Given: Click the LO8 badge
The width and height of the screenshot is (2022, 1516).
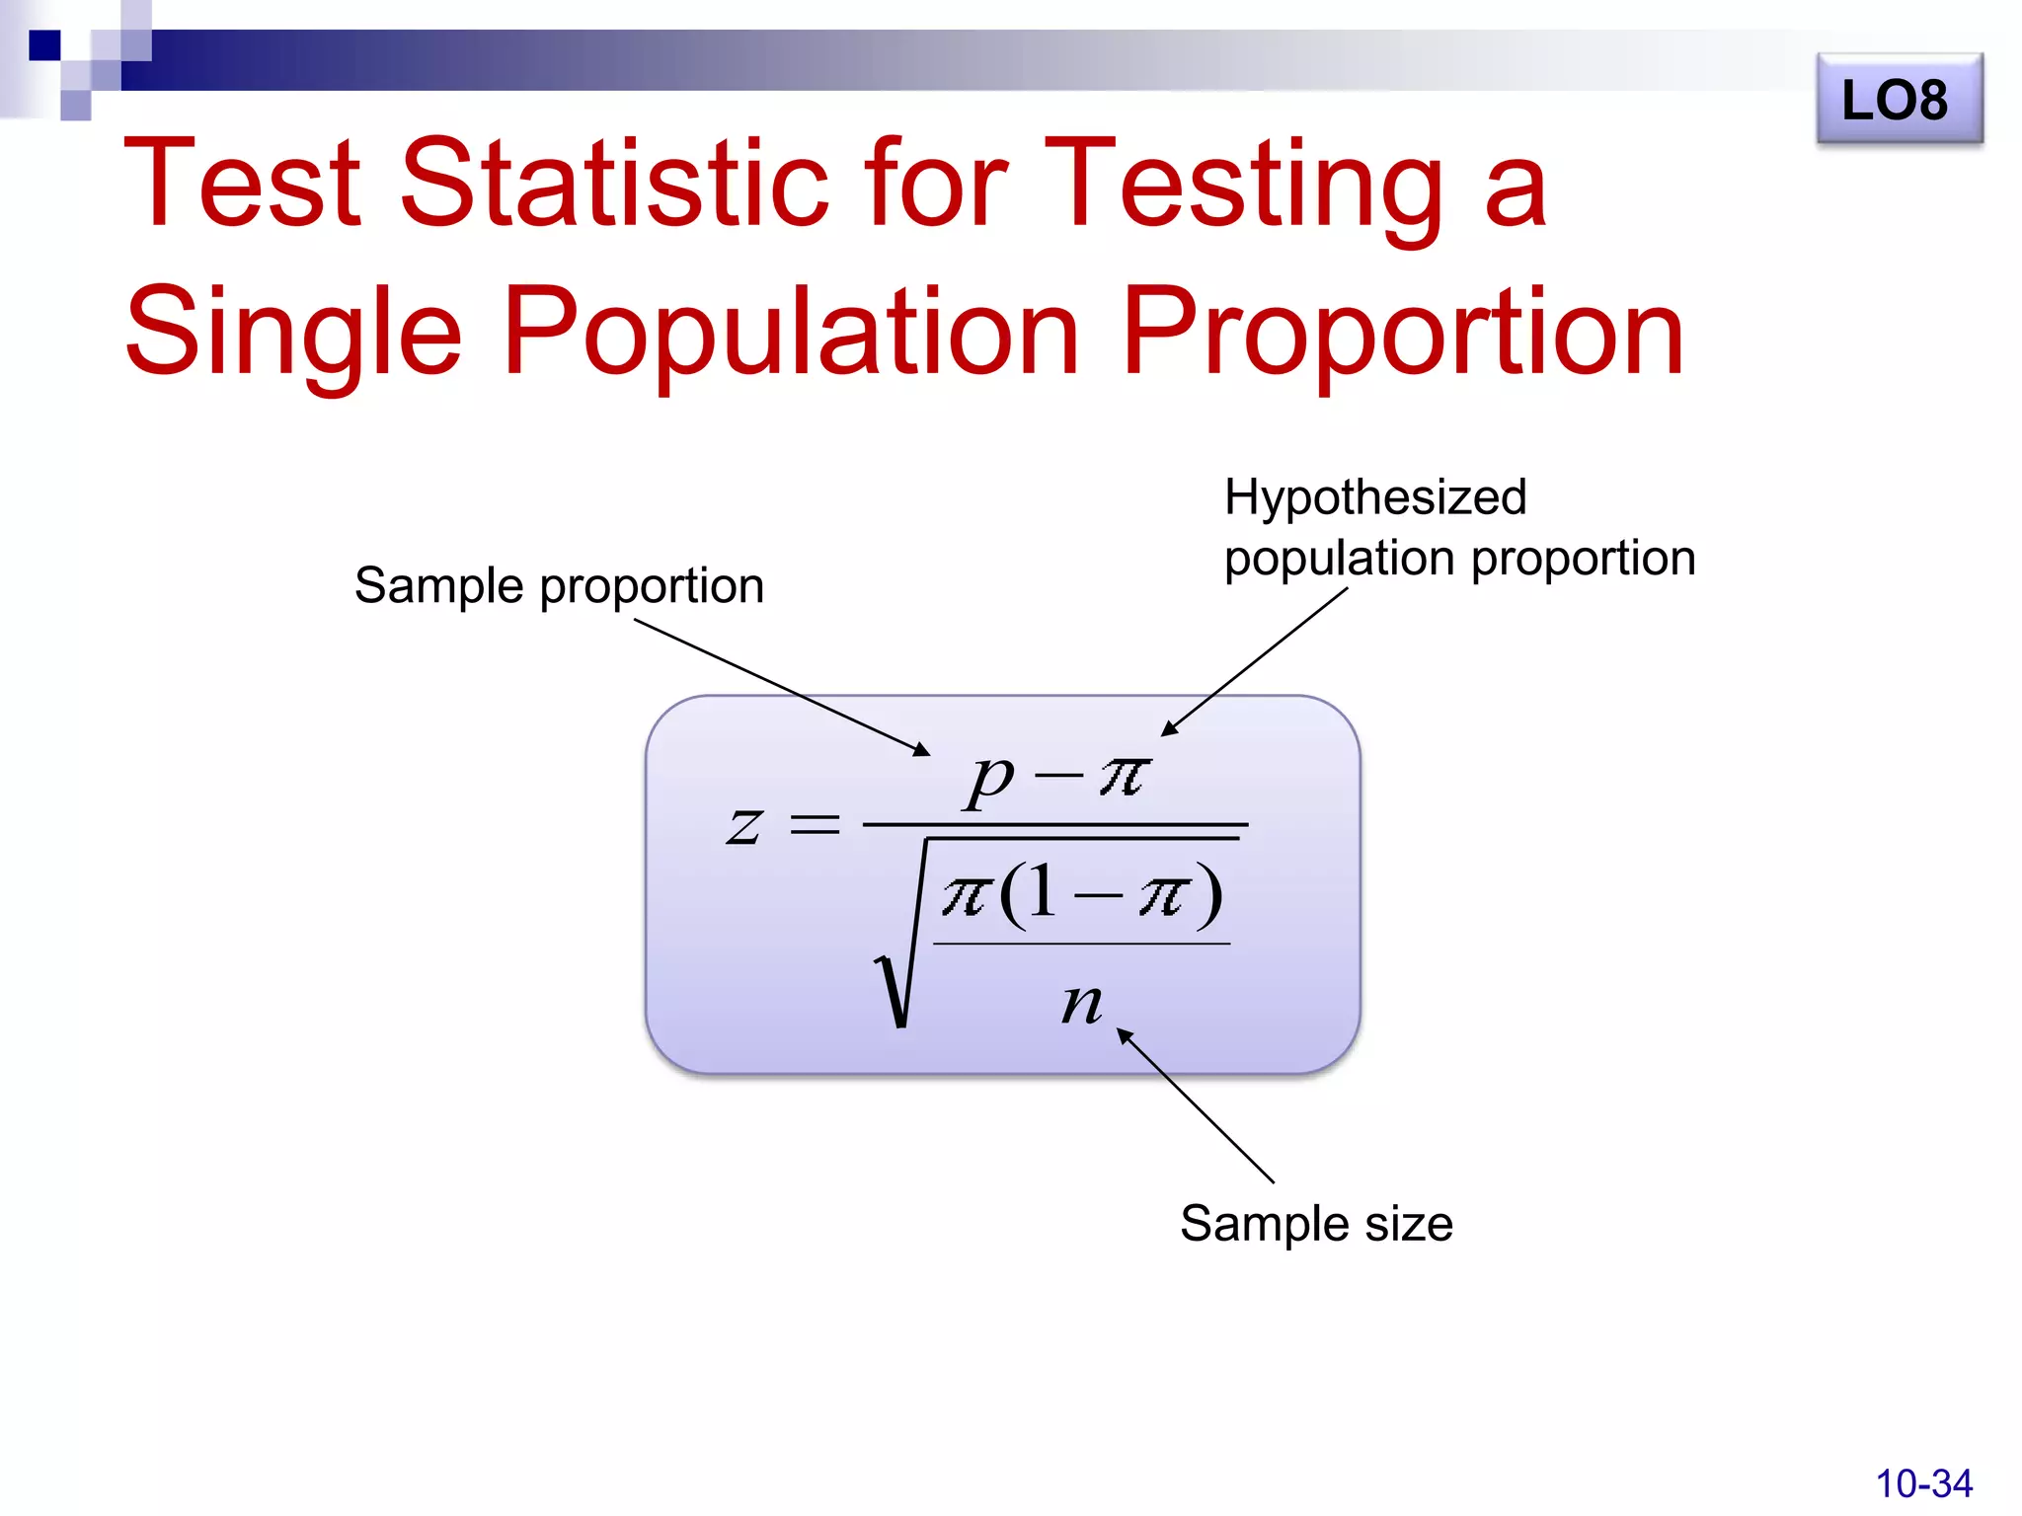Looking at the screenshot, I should pos(1898,100).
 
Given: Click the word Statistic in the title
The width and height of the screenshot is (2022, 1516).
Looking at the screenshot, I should pos(612,183).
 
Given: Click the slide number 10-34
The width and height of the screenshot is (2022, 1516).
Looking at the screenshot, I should pos(1922,1483).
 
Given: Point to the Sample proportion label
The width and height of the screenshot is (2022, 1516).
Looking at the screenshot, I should pos(559,585).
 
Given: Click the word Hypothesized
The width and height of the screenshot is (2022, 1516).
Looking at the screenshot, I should pos(1374,496).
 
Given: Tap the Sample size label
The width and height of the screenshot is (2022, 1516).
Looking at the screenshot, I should pos(1316,1224).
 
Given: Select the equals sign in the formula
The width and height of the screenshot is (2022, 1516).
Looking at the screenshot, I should pos(816,824).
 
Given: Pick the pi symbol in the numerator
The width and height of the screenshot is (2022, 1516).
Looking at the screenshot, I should pos(1125,776).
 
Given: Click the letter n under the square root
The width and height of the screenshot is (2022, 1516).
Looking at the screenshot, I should pos(1081,1004).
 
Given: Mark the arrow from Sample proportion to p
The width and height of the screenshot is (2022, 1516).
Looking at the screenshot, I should pos(780,687).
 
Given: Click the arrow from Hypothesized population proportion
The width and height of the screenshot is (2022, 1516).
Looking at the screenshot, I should pos(1254,661).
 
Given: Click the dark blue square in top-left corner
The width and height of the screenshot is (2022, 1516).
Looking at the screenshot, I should pos(44,45).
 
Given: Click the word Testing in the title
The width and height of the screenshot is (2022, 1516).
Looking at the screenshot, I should pos(1244,183).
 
